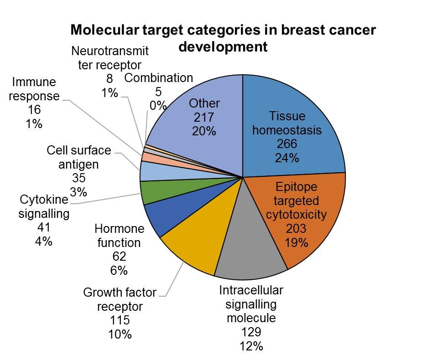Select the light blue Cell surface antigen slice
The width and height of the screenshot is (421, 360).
click(x=148, y=171)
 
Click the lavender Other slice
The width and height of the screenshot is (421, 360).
click(x=182, y=137)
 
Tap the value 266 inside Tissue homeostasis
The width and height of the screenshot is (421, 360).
click(x=287, y=144)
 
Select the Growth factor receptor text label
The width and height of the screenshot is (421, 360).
click(x=120, y=298)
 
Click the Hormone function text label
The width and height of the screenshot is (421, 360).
click(x=119, y=235)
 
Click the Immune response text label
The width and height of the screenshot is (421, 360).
click(x=34, y=89)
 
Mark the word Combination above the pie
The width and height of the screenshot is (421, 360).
click(x=159, y=78)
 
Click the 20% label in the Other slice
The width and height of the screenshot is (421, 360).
click(x=204, y=131)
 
